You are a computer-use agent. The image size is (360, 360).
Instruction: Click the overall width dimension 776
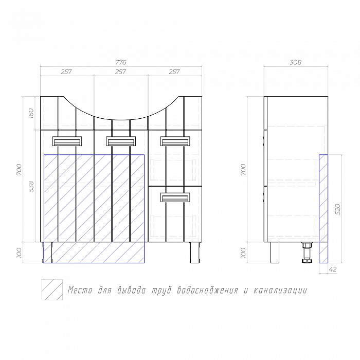pyautogui.click(x=120, y=62)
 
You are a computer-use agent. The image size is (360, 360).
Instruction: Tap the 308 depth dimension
pyautogui.click(x=295, y=62)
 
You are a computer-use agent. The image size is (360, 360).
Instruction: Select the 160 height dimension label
pyautogui.click(x=31, y=113)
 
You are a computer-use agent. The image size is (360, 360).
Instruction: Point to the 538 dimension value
pyautogui.click(x=31, y=187)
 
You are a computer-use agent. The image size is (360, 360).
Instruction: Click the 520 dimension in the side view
pyautogui.click(x=338, y=209)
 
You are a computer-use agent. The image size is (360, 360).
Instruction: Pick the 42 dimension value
pyautogui.click(x=333, y=269)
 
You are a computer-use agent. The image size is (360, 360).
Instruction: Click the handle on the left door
pyautogui.click(x=67, y=141)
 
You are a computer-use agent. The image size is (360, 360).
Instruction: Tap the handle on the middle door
pyautogui.click(x=121, y=141)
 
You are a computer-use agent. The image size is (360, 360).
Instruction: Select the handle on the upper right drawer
pyautogui.click(x=175, y=141)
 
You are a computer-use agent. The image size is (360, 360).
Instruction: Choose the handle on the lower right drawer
pyautogui.click(x=175, y=197)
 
